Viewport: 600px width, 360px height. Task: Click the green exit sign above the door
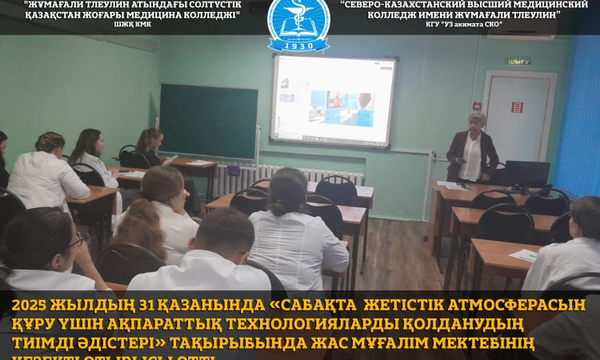pyautogui.click(x=518, y=62)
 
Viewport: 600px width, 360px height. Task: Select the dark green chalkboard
pyautogui.click(x=208, y=120)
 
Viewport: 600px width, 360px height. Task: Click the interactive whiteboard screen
pyautogui.click(x=334, y=100)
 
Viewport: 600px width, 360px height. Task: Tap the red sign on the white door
pyautogui.click(x=517, y=107)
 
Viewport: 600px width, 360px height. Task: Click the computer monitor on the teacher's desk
pyautogui.click(x=528, y=173)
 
